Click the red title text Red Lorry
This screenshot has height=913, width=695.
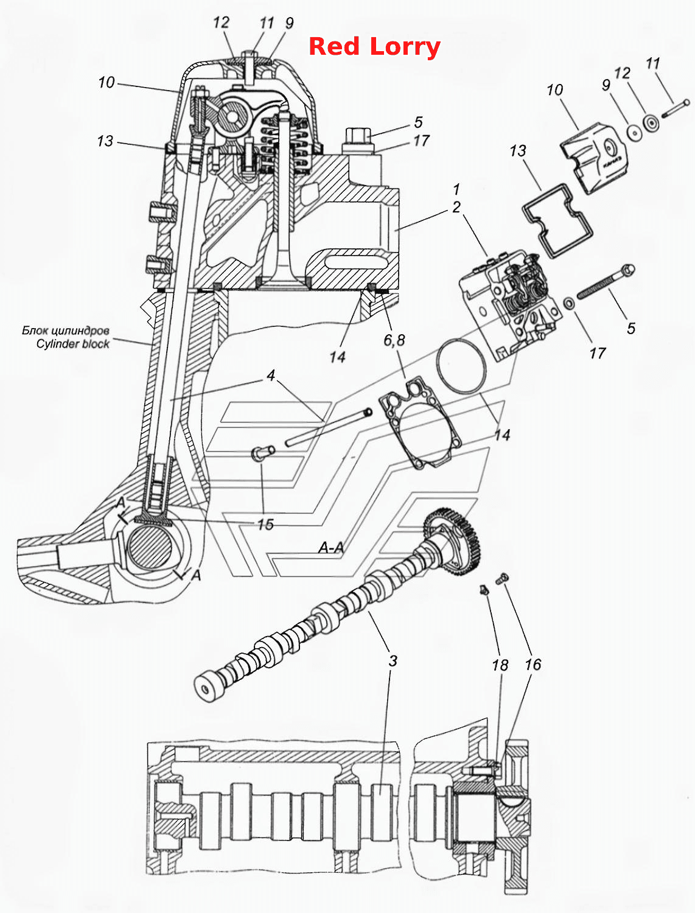374,47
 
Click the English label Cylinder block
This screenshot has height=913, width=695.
73,344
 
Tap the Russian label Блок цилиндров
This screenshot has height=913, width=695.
65,331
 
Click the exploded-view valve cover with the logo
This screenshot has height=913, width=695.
593,158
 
